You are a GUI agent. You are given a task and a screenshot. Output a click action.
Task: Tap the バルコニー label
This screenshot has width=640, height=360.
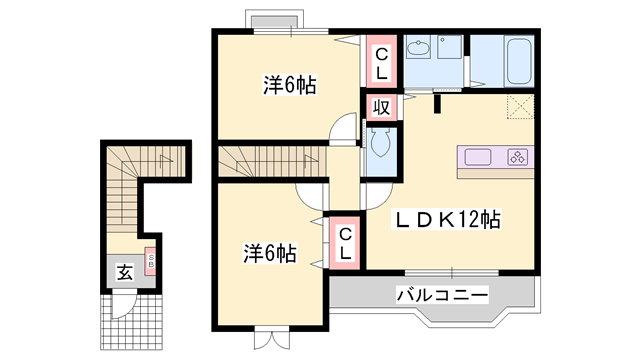coord(441,295)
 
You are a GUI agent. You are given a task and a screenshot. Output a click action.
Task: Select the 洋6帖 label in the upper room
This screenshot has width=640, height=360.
coord(289,86)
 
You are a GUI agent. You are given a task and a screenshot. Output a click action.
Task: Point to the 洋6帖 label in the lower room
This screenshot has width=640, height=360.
coord(269,253)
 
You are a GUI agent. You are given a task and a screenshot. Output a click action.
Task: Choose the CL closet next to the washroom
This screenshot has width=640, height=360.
coord(383,62)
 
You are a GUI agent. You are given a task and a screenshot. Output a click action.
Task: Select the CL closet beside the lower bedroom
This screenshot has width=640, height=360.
coord(344,243)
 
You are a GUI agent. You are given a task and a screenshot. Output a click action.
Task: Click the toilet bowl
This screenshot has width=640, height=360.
coord(381,145)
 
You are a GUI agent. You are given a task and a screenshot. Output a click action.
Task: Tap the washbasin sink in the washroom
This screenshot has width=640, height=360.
coord(420,49)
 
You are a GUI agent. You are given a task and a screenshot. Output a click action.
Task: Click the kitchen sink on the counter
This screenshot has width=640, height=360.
coord(477,157)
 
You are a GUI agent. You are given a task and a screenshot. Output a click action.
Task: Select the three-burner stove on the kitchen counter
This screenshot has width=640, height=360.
coord(519,157)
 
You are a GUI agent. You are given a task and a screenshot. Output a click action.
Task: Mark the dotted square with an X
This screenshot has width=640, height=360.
coord(519,107)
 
